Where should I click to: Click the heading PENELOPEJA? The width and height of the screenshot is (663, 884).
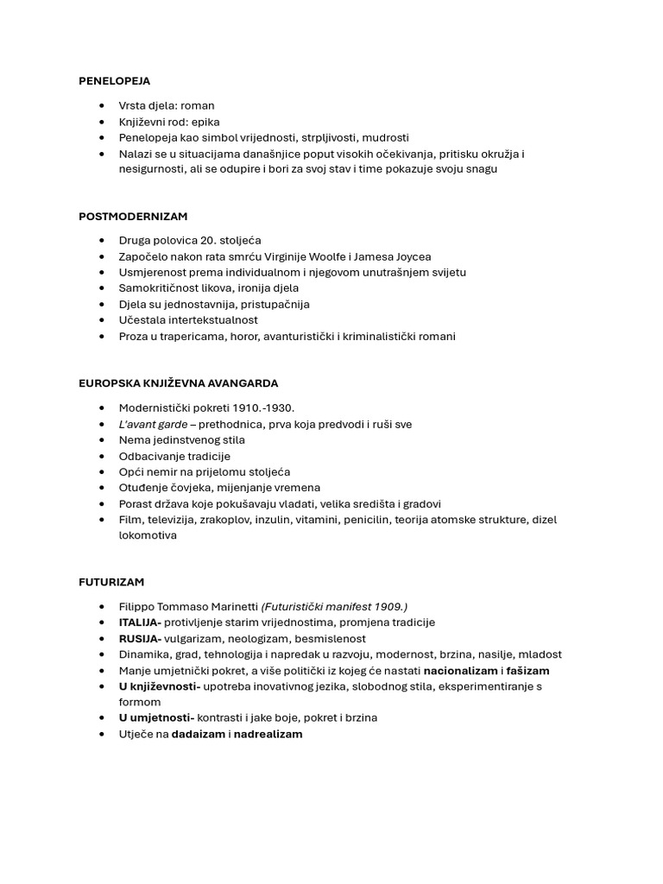[x=114, y=81]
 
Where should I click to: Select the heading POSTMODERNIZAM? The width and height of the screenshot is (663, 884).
[x=133, y=217]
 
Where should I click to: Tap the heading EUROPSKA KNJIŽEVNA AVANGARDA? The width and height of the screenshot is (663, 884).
[x=178, y=383]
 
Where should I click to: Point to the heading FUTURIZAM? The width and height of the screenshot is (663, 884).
[x=111, y=582]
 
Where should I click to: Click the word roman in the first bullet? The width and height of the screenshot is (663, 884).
[x=198, y=106]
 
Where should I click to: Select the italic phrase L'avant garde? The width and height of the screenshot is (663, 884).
[x=153, y=424]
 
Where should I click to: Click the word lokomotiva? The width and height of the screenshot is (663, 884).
[x=148, y=535]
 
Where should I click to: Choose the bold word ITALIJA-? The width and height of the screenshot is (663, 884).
[x=140, y=622]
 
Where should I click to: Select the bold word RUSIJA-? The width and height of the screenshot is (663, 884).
[x=140, y=639]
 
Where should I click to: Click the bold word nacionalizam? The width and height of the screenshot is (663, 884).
[x=460, y=671]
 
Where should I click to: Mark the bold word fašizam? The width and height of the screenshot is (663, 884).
[x=527, y=671]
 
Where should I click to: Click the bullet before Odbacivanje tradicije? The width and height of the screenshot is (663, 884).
[x=103, y=456]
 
